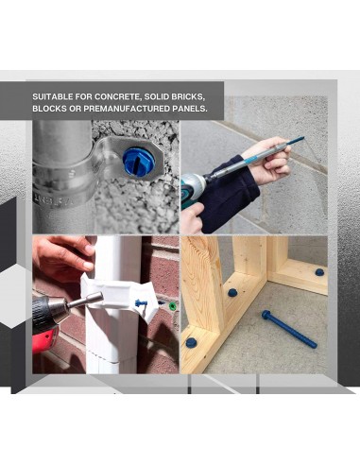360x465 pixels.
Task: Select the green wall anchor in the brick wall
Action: pyautogui.click(x=172, y=305)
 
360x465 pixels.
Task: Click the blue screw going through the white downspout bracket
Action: pyautogui.click(x=141, y=303)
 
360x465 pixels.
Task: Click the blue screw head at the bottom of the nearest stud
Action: pyautogui.click(x=191, y=342)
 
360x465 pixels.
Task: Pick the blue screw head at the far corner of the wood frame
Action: pyautogui.click(x=319, y=272)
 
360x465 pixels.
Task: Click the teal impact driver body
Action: pyautogui.click(x=193, y=187)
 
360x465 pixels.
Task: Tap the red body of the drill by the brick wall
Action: pyautogui.click(x=44, y=340)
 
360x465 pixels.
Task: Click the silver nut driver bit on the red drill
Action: pyautogui.click(x=86, y=300)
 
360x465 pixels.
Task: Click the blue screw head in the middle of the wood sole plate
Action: pyautogui.click(x=232, y=293)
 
